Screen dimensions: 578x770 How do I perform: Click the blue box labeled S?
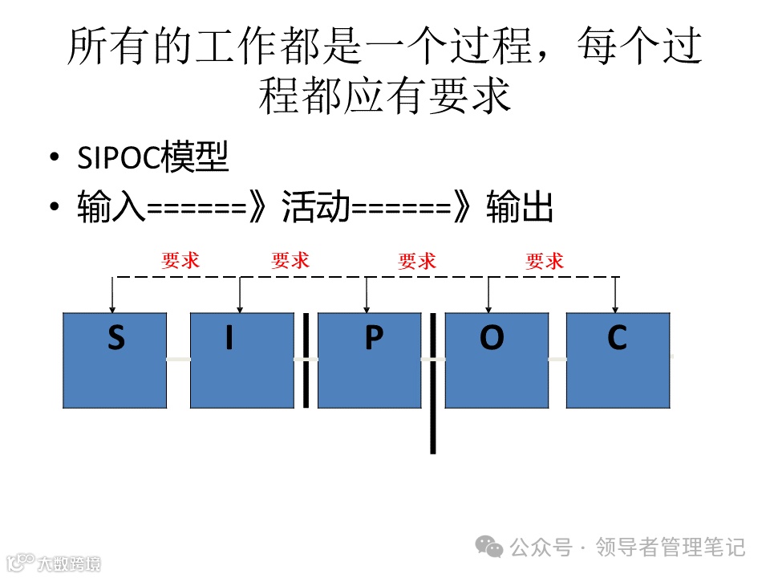115,361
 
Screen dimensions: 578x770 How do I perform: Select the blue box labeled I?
241,361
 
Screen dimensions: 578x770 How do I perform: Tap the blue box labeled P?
369,361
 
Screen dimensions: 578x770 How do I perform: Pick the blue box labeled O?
496,361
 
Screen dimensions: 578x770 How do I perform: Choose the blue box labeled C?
618,361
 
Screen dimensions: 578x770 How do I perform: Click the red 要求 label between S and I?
180,260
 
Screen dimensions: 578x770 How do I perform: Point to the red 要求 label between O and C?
545,260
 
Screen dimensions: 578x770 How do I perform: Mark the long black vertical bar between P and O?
433,384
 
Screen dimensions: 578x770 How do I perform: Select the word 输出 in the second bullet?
520,208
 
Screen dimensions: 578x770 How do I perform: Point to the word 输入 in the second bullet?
111,208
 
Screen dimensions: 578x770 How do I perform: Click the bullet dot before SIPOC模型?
54,158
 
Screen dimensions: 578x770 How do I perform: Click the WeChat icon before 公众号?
489,547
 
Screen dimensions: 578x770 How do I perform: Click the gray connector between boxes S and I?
178,359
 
